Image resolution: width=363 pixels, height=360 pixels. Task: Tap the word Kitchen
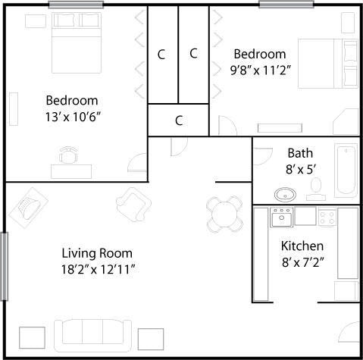302,246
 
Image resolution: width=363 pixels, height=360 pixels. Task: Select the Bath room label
299,153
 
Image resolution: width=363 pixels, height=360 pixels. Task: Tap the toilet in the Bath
316,186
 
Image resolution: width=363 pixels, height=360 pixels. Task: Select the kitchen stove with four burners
327,218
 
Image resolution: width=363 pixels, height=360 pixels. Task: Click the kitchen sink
282,218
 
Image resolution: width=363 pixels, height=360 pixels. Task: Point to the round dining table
224,213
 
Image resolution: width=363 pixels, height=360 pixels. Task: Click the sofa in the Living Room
92,333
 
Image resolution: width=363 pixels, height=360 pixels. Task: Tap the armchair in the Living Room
132,202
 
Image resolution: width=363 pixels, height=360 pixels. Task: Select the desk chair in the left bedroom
69,156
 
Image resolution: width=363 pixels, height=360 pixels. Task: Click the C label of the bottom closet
179,120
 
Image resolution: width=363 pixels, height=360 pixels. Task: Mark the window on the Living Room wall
4,266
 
